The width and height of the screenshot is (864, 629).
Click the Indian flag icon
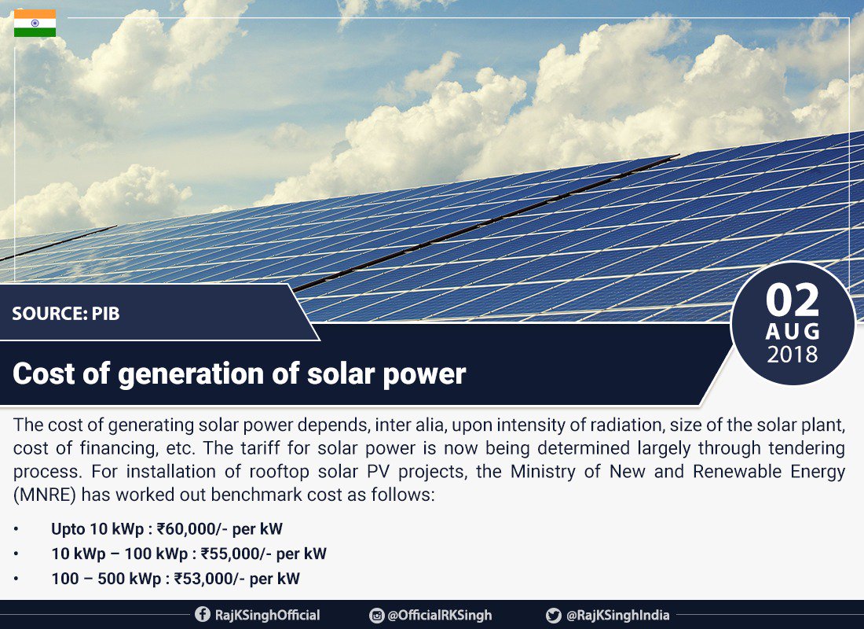[x=35, y=24]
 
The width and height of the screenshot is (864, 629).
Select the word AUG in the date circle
[x=793, y=331]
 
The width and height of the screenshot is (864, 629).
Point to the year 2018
[x=793, y=355]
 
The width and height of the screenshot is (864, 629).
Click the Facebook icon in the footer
[x=203, y=615]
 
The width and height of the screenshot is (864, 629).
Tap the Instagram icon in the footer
[x=376, y=615]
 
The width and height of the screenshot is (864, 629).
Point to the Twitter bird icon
[x=554, y=615]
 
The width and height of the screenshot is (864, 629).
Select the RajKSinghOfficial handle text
[x=267, y=615]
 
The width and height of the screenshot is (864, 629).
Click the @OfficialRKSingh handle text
[x=440, y=615]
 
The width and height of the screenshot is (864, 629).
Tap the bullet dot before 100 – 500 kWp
[x=16, y=579]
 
